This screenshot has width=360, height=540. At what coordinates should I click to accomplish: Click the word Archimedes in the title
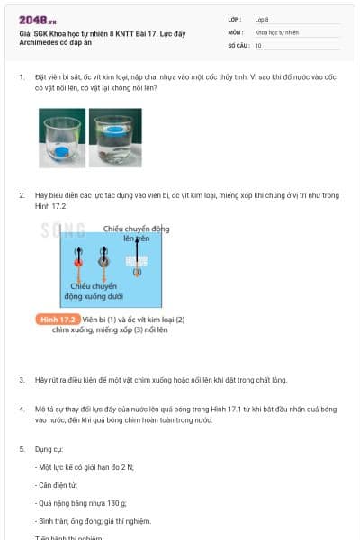click(43, 42)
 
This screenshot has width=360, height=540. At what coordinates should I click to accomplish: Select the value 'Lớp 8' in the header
click(261, 19)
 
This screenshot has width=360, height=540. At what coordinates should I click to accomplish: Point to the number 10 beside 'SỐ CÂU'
click(258, 45)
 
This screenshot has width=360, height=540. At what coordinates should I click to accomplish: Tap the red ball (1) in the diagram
click(78, 263)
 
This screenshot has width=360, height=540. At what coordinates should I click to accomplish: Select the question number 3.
click(22, 380)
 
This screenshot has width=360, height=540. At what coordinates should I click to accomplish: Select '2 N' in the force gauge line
click(121, 466)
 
